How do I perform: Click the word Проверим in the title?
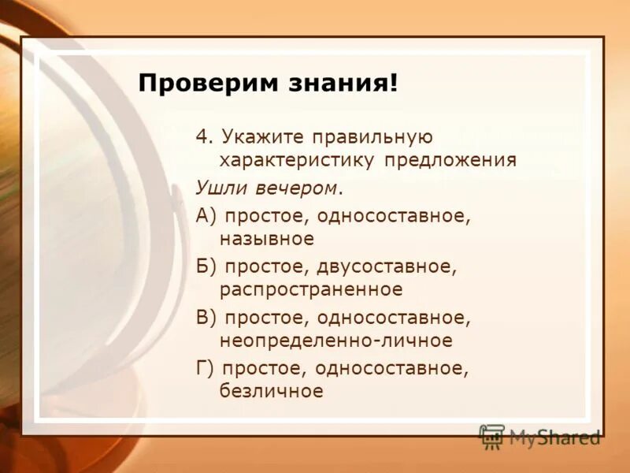(x=200, y=84)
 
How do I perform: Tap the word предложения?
(x=450, y=161)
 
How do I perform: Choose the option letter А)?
(x=207, y=214)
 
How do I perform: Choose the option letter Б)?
(x=207, y=266)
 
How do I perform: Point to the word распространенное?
(x=311, y=289)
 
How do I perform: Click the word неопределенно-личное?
(x=336, y=341)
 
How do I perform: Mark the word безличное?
(x=272, y=391)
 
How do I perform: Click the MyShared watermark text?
(x=554, y=437)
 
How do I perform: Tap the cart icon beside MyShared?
(x=492, y=437)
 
